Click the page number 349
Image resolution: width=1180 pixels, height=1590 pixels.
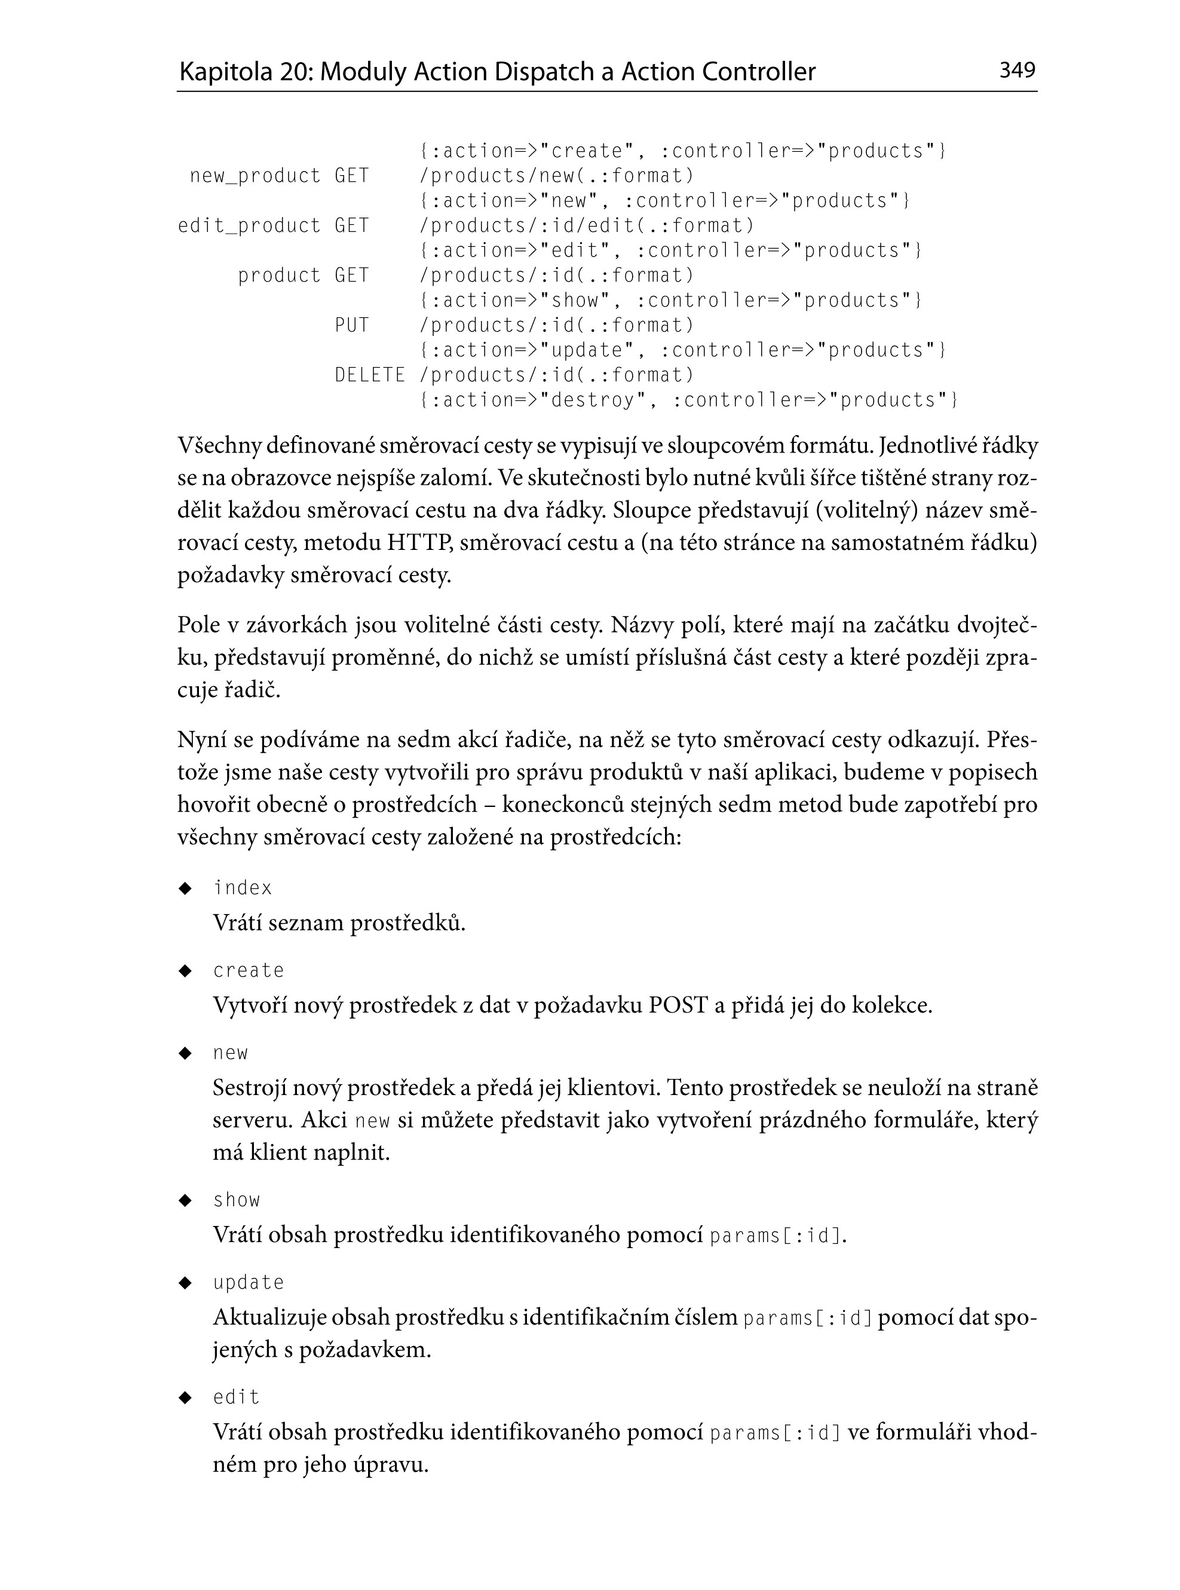(x=1017, y=70)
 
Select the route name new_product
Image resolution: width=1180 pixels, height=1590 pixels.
(x=255, y=176)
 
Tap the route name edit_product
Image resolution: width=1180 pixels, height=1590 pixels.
(x=249, y=226)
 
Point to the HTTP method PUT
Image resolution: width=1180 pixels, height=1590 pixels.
(x=352, y=325)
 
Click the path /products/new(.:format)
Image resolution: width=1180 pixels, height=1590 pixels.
(x=556, y=176)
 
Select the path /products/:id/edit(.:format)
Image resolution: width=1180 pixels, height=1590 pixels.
(x=587, y=226)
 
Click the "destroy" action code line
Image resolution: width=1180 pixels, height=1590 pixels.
(x=688, y=400)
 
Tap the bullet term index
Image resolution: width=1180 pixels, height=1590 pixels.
(x=243, y=888)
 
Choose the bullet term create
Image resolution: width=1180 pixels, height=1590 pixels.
(x=249, y=970)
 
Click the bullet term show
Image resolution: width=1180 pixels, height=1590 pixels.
(x=237, y=1200)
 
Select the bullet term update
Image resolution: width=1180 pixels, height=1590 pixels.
(x=249, y=1282)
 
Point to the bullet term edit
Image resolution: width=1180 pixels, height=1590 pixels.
(x=237, y=1397)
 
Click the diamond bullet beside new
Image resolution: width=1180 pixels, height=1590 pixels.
(x=186, y=1053)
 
